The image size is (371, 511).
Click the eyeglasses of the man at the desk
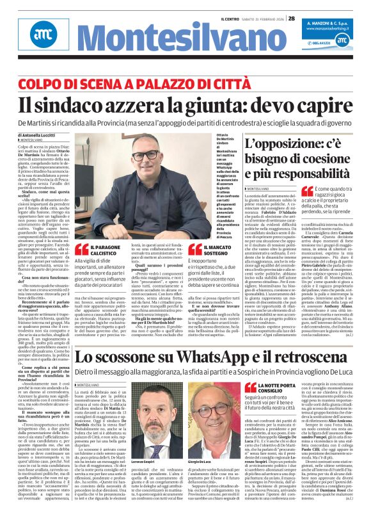145,155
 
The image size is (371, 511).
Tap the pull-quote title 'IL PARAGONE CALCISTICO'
109,250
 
